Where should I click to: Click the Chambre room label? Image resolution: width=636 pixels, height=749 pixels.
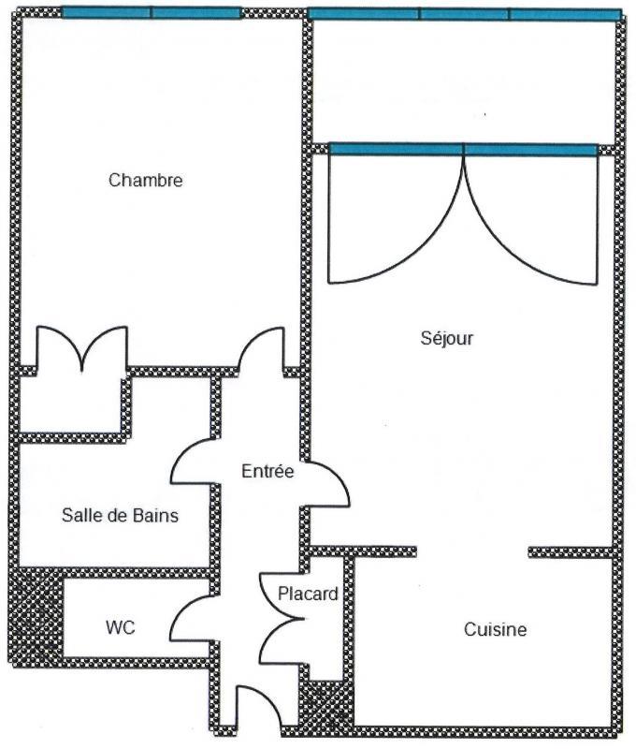(x=145, y=180)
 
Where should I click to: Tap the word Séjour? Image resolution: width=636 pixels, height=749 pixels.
(x=446, y=339)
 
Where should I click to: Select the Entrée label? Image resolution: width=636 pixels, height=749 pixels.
(x=267, y=471)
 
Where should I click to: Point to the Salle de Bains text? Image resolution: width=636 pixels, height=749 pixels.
(x=120, y=515)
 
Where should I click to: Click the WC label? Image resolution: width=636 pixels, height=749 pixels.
(x=120, y=627)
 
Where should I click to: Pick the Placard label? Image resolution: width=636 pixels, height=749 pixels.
(x=308, y=594)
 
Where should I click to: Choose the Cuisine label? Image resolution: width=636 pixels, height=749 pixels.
(x=495, y=629)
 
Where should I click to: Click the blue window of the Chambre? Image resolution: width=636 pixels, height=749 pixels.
(x=151, y=13)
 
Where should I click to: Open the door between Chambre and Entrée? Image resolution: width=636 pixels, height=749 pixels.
(x=262, y=351)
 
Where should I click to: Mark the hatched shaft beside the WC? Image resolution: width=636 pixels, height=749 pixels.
(x=37, y=614)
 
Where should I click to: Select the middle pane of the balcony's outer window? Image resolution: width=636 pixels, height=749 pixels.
(x=464, y=14)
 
